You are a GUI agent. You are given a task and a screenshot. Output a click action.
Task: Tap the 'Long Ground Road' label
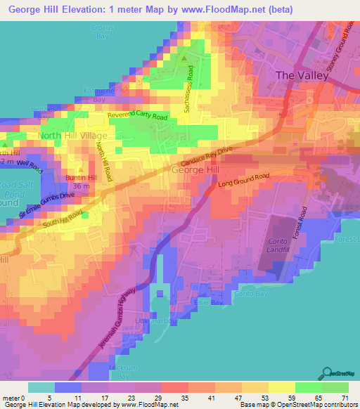coord(244,181)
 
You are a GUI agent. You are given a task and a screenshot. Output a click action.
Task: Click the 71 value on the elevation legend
coord(344,397)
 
